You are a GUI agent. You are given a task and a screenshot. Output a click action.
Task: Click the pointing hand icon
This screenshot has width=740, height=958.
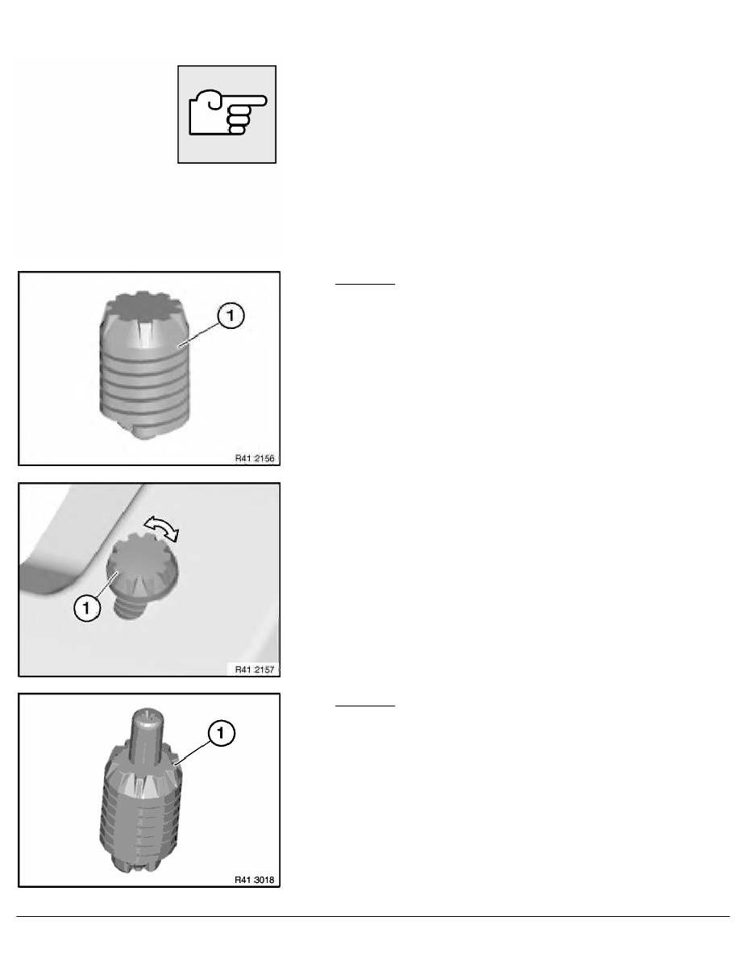(x=227, y=115)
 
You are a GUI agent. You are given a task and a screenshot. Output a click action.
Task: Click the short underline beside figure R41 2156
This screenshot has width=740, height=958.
(x=365, y=285)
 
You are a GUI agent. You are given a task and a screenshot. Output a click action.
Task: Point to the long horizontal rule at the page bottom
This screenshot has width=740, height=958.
(x=370, y=916)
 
